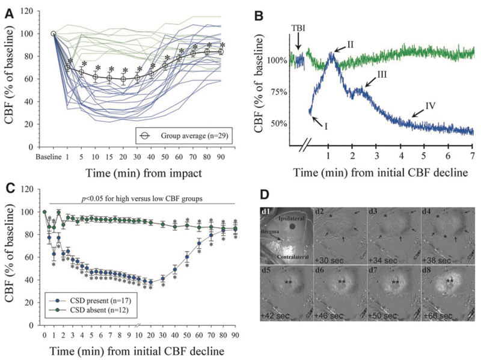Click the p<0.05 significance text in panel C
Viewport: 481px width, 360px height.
tap(140, 198)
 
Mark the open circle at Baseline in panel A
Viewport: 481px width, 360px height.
tap(54, 34)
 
